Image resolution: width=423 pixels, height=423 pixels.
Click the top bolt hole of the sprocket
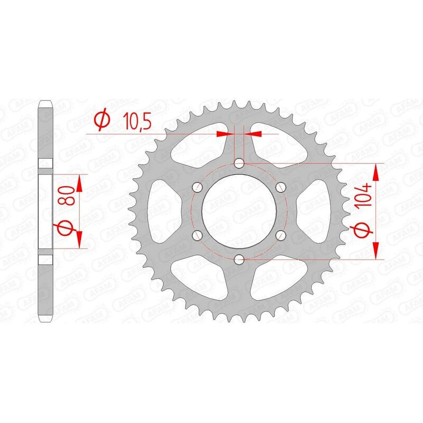(x=239, y=163)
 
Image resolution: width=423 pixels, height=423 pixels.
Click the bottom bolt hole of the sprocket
(x=239, y=259)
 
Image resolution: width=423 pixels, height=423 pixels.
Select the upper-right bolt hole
(x=280, y=187)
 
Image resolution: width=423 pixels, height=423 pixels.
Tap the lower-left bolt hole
(x=198, y=235)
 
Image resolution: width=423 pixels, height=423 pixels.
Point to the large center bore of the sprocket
(x=239, y=211)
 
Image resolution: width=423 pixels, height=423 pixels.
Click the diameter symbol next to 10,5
(x=102, y=121)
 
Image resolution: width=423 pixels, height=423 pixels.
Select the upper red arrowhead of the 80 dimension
(x=79, y=183)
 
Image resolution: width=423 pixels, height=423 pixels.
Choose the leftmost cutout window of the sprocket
(x=161, y=211)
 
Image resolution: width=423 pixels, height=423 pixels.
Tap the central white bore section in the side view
(x=46, y=211)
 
